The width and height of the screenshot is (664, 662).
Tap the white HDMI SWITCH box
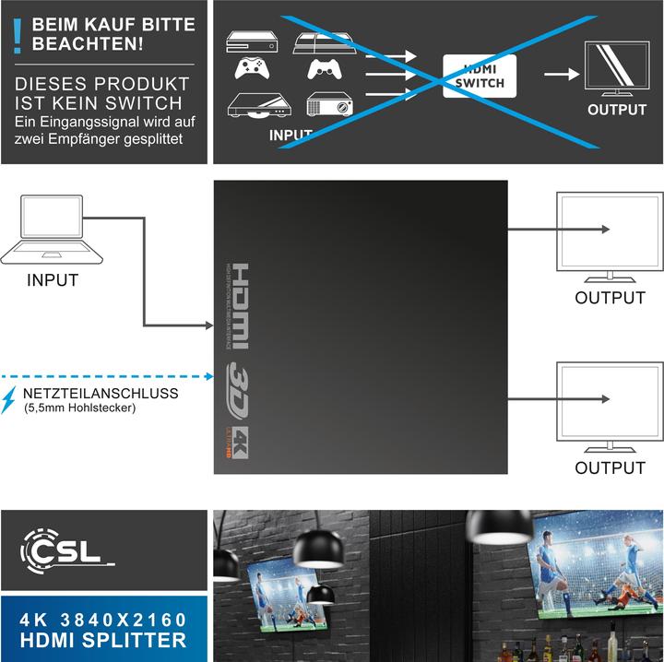coord(480,77)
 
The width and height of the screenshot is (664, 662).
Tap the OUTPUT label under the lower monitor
coord(610,467)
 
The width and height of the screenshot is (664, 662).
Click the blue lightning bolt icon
coord(9,398)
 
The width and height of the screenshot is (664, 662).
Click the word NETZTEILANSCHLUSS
coord(89,393)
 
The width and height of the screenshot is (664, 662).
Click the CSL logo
coord(65,550)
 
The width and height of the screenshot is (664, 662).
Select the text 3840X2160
coord(126,619)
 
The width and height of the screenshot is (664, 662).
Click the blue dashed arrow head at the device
coord(210,375)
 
